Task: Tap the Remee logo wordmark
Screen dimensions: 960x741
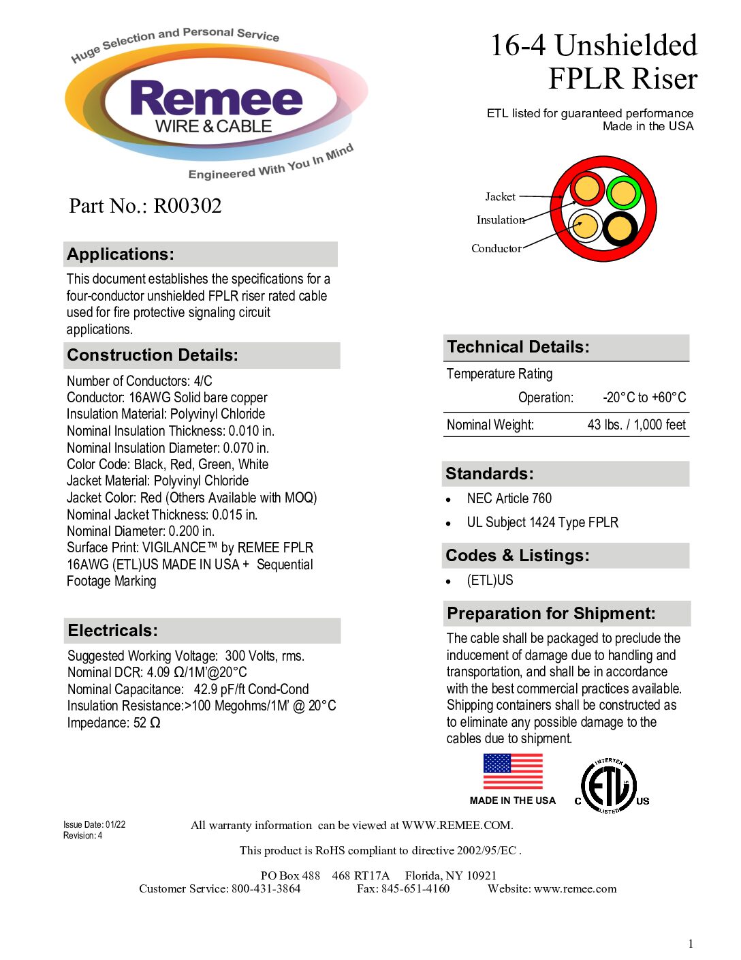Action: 216,99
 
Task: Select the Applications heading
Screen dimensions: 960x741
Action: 121,254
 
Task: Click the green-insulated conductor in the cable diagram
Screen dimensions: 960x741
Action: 623,193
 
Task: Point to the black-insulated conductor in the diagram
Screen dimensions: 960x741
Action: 620,228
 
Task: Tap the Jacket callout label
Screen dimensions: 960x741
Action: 500,197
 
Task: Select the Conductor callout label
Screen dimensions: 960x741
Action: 496,249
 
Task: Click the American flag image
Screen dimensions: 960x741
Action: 513,772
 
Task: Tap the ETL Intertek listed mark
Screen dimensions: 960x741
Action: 610,787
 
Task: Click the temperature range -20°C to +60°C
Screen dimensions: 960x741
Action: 644,397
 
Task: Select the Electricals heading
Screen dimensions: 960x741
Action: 113,631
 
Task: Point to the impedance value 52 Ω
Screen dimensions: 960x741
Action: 146,723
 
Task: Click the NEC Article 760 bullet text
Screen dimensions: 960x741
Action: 509,498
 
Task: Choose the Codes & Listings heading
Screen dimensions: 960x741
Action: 518,556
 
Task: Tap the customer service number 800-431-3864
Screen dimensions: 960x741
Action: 266,888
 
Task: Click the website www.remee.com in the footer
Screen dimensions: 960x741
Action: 575,888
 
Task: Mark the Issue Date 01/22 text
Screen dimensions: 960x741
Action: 95,824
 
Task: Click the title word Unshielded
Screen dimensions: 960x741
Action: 625,46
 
